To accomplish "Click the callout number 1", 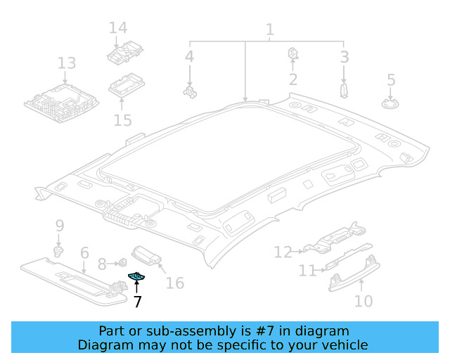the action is (x=269, y=30).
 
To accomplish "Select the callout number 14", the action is (x=118, y=28).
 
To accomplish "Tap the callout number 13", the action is (x=66, y=64).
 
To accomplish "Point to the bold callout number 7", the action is (x=137, y=302).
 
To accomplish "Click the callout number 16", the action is (x=174, y=283).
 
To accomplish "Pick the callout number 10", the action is (x=363, y=301).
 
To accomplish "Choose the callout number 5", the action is (x=391, y=80).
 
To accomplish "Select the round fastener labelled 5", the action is (x=390, y=103).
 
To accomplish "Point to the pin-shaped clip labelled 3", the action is (x=344, y=90).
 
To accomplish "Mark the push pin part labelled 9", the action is (x=59, y=250).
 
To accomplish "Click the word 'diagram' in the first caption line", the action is (x=323, y=331).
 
